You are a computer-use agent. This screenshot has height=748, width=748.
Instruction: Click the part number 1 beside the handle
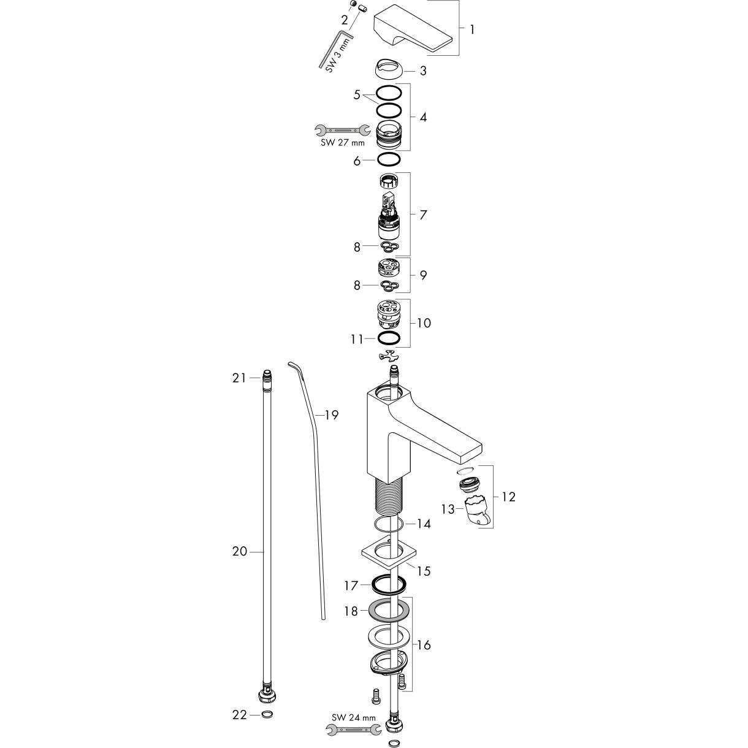[x=472, y=29]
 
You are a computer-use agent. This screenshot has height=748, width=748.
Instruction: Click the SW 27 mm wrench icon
[x=342, y=130]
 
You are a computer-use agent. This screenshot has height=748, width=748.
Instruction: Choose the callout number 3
[x=423, y=71]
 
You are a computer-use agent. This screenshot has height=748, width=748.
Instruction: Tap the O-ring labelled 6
[x=389, y=159]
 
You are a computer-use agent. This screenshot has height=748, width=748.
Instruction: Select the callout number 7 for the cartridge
[x=423, y=215]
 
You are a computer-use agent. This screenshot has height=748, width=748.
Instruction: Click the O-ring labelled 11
[x=389, y=338]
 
